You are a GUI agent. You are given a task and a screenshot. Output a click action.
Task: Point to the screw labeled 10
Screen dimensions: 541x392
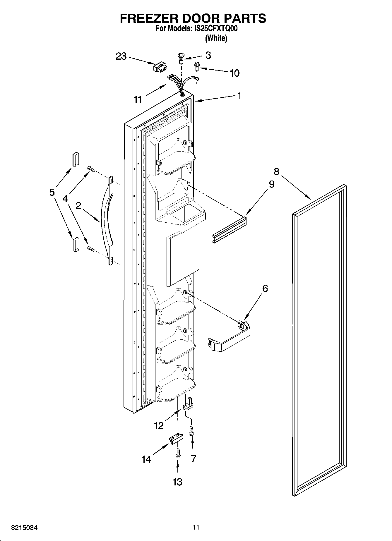(x=197, y=66)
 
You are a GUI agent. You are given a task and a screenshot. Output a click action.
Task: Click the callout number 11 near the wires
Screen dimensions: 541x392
(x=138, y=99)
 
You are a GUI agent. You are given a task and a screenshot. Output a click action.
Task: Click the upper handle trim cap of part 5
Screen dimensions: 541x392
(x=76, y=159)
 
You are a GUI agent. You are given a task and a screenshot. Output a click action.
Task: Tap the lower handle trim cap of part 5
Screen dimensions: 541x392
(x=76, y=244)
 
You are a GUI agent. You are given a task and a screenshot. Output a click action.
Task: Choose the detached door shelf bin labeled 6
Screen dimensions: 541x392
(x=230, y=336)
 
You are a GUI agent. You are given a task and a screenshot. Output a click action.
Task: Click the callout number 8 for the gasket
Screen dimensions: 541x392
(x=276, y=171)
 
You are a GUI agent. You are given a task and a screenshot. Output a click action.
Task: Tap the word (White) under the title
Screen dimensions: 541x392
(x=216, y=38)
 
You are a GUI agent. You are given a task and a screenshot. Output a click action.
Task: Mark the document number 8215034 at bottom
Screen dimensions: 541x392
(x=24, y=528)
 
